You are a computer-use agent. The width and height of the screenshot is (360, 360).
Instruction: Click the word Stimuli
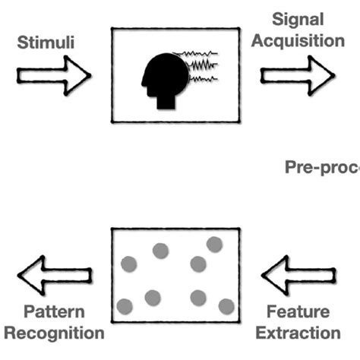(47, 43)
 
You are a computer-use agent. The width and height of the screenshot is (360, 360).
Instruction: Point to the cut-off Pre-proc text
(321, 169)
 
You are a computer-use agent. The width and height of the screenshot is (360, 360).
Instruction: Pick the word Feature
(298, 312)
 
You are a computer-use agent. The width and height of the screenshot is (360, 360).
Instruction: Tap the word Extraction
(298, 332)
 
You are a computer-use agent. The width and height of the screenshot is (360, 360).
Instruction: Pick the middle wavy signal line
(199, 67)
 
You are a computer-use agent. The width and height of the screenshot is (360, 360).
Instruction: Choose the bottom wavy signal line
(199, 78)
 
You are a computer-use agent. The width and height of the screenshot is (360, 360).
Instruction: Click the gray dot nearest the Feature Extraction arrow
(226, 305)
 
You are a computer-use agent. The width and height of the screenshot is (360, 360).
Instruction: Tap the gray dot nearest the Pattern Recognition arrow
(125, 306)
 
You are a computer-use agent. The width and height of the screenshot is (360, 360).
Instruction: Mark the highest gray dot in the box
(214, 244)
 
